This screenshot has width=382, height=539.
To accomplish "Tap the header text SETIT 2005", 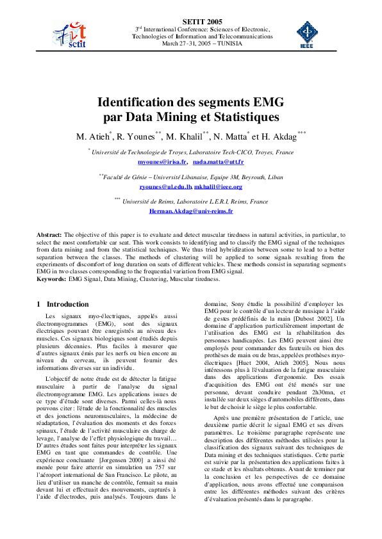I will pos(191,21).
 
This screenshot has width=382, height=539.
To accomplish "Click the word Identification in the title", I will pos(142,102).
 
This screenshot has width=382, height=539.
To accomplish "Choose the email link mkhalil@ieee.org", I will pos(219,186).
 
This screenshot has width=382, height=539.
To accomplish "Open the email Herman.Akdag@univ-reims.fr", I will pos(191,210).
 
